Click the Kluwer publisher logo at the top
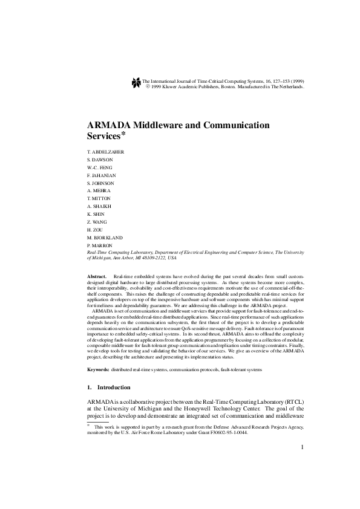click(x=136, y=83)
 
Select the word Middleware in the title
click(x=170, y=125)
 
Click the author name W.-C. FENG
click(x=100, y=167)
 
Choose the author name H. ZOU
click(x=96, y=230)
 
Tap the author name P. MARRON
click(x=100, y=245)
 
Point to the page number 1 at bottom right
click(x=301, y=464)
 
